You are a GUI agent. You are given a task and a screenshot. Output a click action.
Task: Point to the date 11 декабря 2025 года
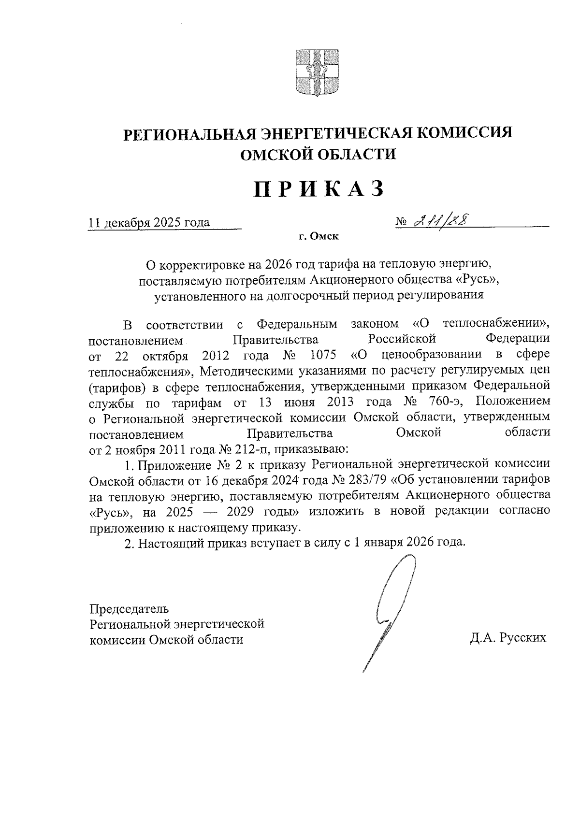click(x=148, y=222)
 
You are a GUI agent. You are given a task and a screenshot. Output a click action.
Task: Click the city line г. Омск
click(x=319, y=237)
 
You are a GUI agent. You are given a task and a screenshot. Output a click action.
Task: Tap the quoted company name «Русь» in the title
click(x=471, y=279)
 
